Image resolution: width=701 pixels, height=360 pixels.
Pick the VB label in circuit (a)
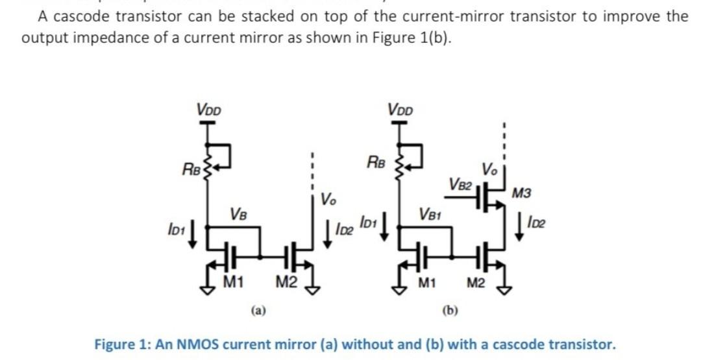238,213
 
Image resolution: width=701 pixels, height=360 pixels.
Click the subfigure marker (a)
258,311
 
